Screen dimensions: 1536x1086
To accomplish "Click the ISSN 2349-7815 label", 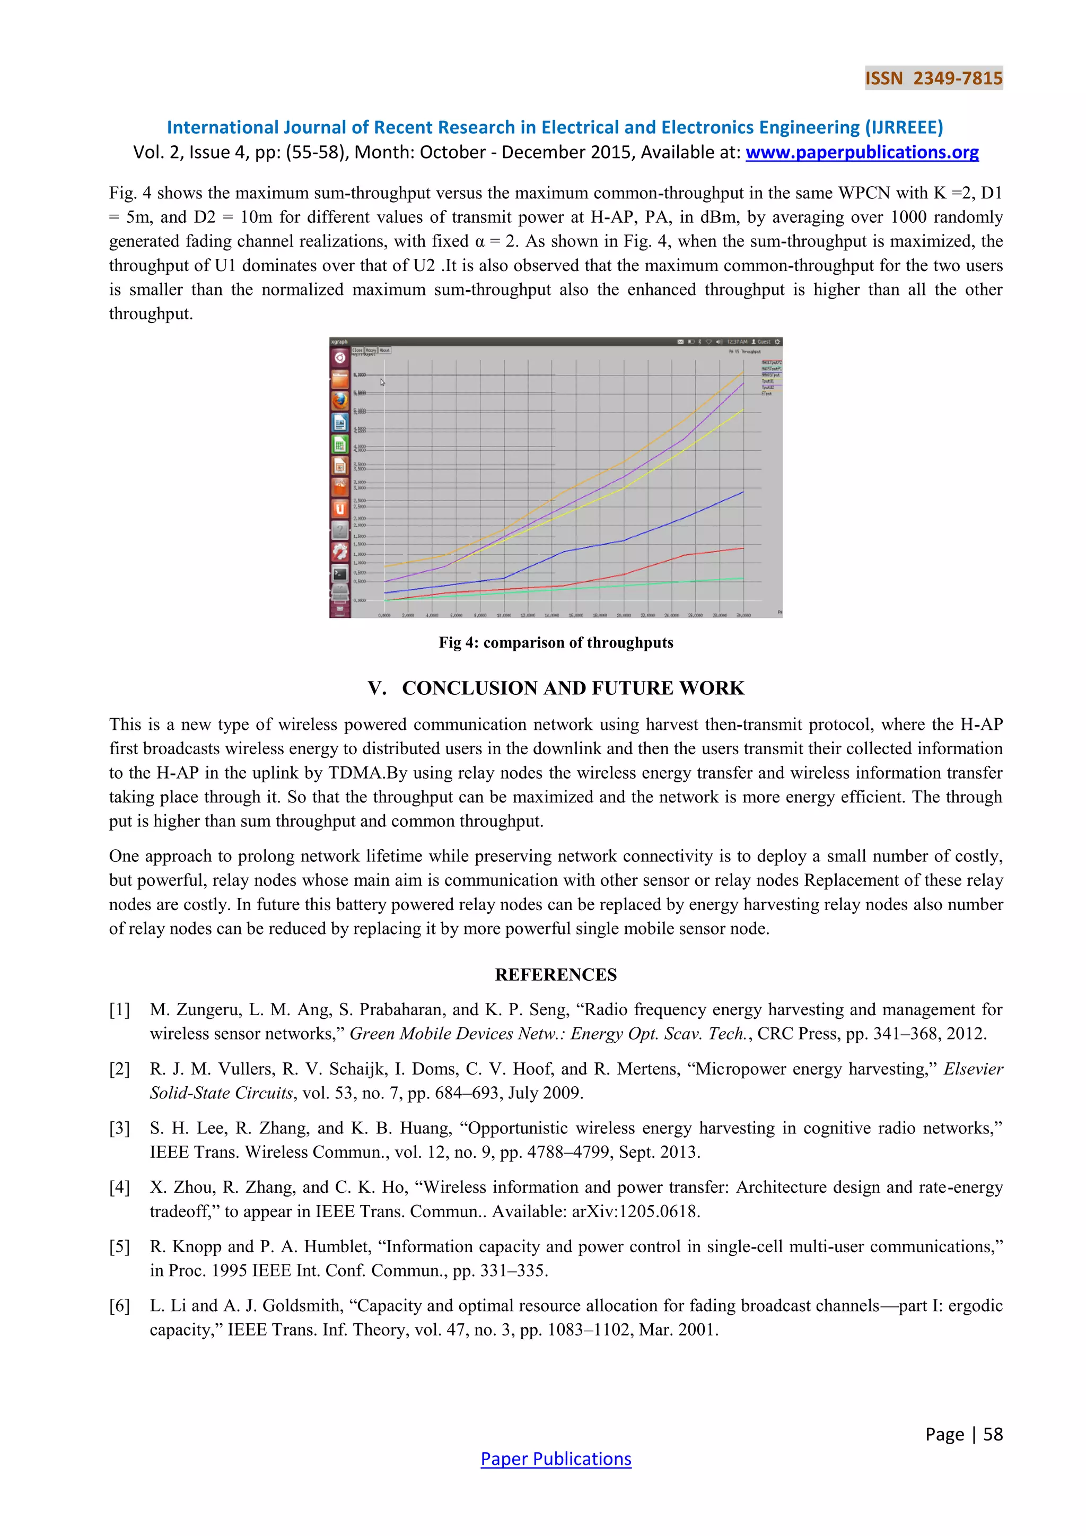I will (933, 78).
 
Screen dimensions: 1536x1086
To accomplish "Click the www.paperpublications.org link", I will (862, 153).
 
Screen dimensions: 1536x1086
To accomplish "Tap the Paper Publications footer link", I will (556, 1459).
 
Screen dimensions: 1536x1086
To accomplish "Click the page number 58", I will (993, 1434).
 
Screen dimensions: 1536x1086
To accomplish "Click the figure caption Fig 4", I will (556, 642).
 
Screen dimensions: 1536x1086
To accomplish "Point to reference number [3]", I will (120, 1128).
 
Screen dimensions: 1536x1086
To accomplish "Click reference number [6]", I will (120, 1305).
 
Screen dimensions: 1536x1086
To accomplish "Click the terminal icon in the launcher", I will (340, 573).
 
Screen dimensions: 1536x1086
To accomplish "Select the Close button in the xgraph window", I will (358, 350).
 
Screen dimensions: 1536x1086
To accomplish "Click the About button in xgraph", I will (384, 350).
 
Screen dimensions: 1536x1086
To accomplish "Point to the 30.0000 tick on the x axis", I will (743, 615).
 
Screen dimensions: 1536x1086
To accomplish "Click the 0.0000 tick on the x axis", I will (384, 615).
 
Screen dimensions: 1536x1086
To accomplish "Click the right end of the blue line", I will (743, 492).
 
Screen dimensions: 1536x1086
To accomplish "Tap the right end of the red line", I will (743, 548).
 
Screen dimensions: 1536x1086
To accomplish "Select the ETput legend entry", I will (766, 394).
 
